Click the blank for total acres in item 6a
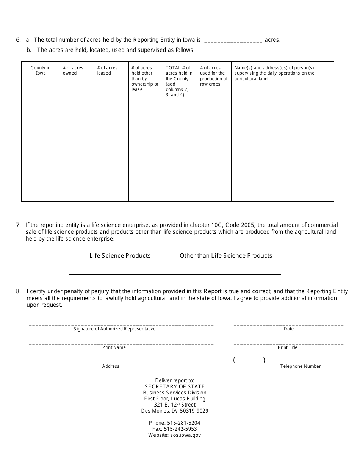point(233,41)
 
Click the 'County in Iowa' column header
point(41,70)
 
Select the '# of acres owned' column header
point(73,70)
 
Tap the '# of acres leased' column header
point(107,70)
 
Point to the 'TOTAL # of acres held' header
point(179,81)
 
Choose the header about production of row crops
point(214,76)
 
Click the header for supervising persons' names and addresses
point(274,73)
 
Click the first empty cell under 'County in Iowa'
point(41,110)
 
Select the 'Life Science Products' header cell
point(120,256)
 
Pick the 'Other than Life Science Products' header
point(226,256)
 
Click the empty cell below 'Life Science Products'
point(120,268)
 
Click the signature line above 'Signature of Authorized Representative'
point(121,324)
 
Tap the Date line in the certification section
point(288,324)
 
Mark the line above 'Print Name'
point(121,343)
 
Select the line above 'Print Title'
point(288,343)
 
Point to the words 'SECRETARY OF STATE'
point(174,386)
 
